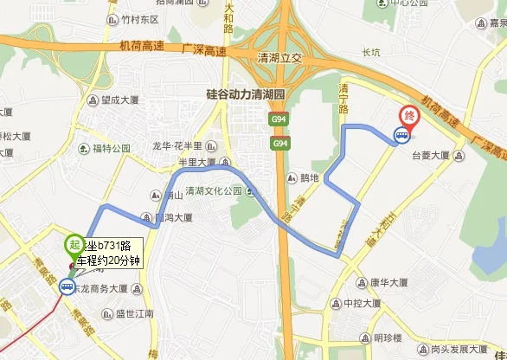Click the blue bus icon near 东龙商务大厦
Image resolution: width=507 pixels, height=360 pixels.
coord(67,288)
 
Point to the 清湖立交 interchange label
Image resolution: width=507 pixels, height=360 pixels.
coord(281,58)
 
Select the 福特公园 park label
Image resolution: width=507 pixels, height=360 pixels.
coord(111,148)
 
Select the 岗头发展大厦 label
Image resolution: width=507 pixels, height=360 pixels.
coord(463,350)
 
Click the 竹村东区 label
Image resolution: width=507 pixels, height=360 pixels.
coord(140,17)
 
